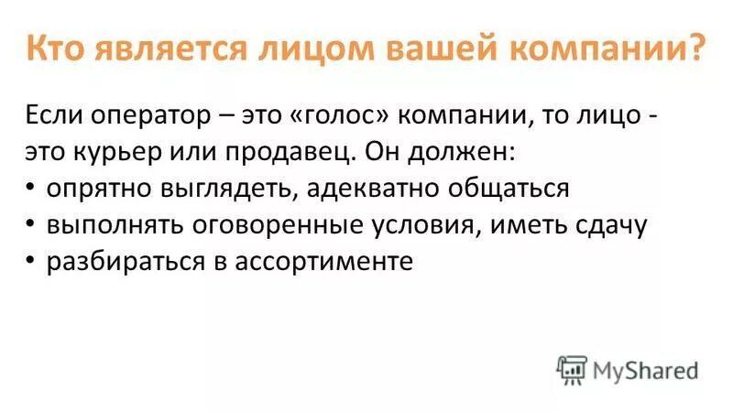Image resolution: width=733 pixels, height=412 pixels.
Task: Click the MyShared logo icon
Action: tap(572, 369)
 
